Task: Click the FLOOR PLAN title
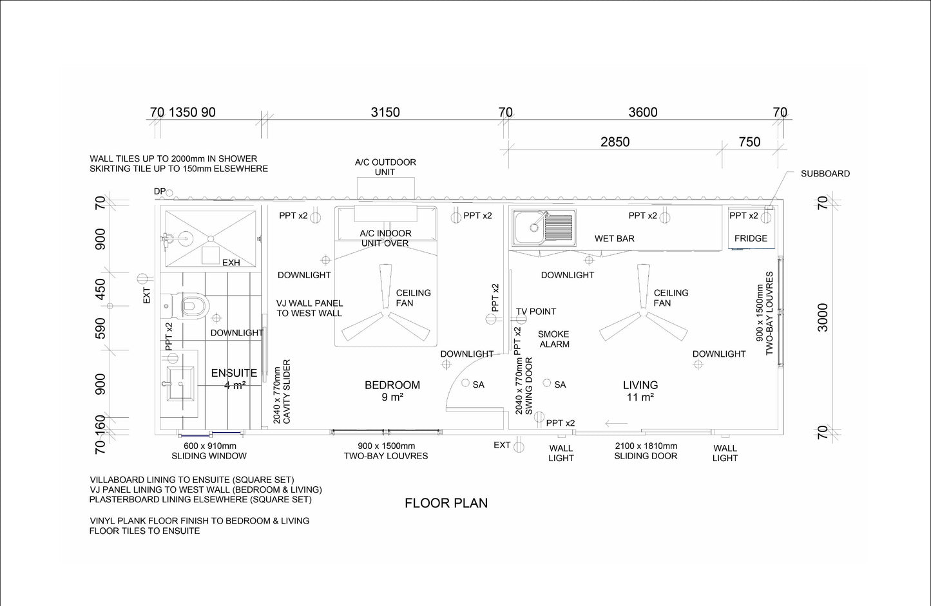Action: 446,503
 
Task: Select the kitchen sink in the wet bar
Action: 544,227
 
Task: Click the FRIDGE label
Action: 751,238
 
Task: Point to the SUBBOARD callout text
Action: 825,174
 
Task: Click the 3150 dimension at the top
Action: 385,112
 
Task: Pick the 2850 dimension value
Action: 615,142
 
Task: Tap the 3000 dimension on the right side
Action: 823,317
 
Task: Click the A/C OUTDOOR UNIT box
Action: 386,188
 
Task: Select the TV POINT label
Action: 536,312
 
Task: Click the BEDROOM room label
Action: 392,385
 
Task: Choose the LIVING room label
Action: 640,385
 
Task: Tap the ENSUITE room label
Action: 234,373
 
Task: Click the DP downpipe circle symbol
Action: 169,193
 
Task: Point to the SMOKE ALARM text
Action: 553,339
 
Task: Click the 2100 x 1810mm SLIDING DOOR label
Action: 646,451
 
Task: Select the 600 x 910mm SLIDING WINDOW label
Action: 209,451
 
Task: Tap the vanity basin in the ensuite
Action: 180,383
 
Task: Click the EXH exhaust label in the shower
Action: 231,263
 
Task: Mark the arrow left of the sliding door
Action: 617,424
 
